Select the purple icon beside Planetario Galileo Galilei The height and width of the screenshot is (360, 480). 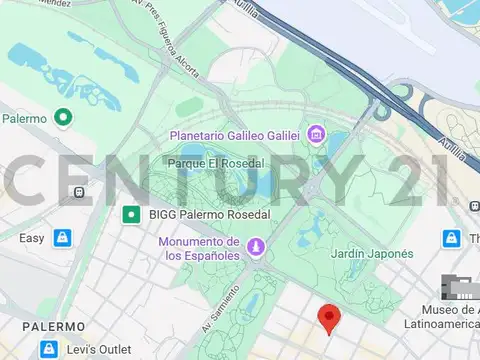(316, 134)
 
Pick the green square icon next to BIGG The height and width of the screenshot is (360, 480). (130, 214)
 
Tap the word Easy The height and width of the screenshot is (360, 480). (32, 238)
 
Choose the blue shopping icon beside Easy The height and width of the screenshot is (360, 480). (63, 238)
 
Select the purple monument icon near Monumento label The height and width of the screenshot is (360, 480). (256, 247)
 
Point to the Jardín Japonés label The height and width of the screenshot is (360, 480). (371, 254)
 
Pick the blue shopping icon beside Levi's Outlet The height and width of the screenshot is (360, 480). (47, 349)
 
